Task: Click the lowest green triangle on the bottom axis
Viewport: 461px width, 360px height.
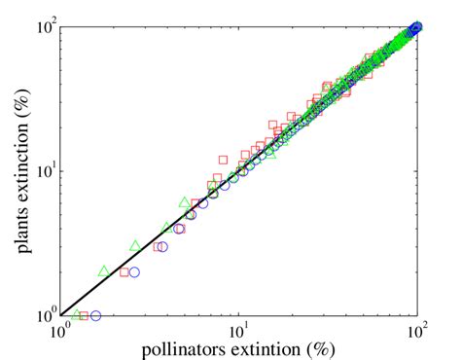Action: click(x=76, y=314)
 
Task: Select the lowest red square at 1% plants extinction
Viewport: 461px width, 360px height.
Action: click(x=84, y=315)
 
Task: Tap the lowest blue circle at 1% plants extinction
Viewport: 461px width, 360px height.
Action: click(x=95, y=315)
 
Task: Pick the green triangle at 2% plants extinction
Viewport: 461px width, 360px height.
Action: click(x=103, y=270)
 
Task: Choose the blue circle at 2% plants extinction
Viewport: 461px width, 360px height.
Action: click(x=134, y=272)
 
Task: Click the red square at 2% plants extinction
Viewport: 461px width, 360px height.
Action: click(x=124, y=272)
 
